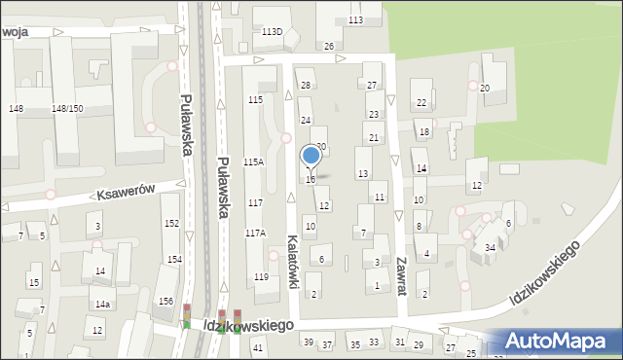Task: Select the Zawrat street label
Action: pyautogui.click(x=401, y=275)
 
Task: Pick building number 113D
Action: pyautogui.click(x=272, y=32)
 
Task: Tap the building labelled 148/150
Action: pyautogui.click(x=67, y=108)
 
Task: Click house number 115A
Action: pyautogui.click(x=253, y=162)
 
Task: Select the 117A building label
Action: pyautogui.click(x=255, y=233)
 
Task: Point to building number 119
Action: pyautogui.click(x=261, y=277)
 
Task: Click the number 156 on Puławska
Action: pyautogui.click(x=166, y=301)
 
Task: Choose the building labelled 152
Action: pyautogui.click(x=171, y=224)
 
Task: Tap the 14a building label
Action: pyautogui.click(x=102, y=305)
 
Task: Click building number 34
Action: pyautogui.click(x=491, y=248)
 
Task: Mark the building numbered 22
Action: pyautogui.click(x=421, y=102)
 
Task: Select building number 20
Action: pyautogui.click(x=484, y=89)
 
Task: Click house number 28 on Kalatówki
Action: pyautogui.click(x=305, y=87)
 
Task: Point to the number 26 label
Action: pyautogui.click(x=329, y=47)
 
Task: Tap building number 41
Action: pyautogui.click(x=258, y=347)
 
